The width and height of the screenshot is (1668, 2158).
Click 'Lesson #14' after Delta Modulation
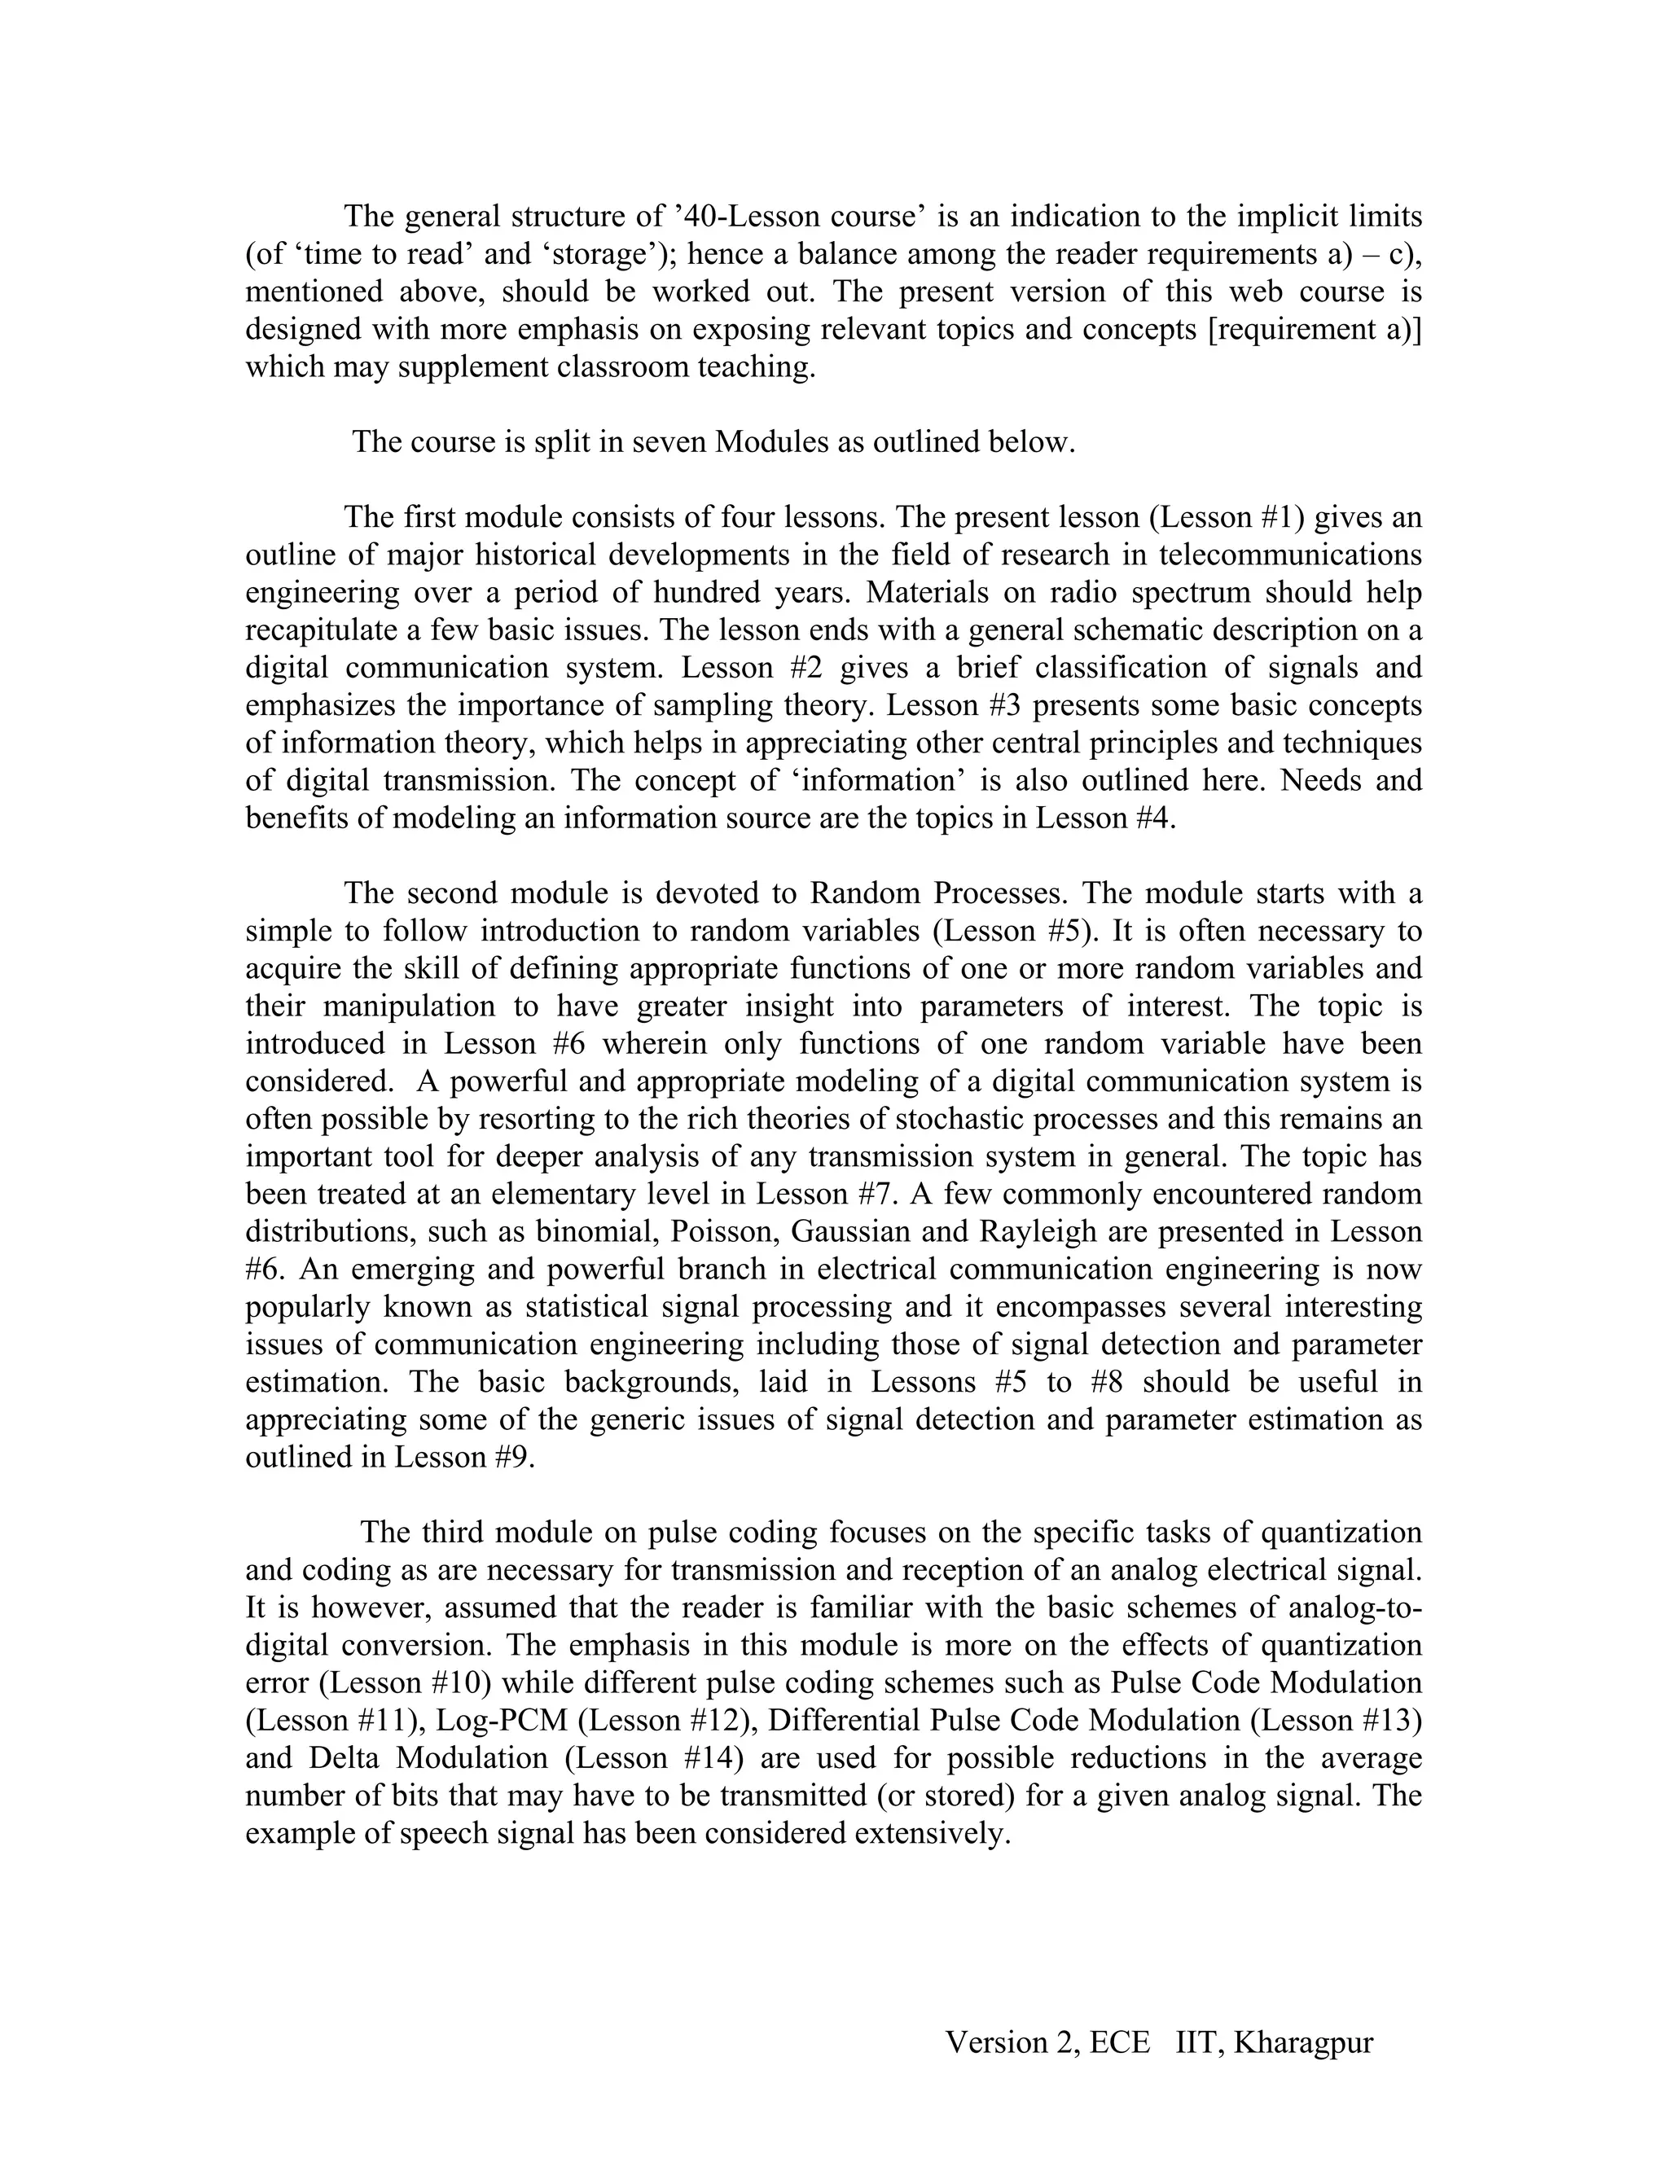pyautogui.click(x=656, y=1758)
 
